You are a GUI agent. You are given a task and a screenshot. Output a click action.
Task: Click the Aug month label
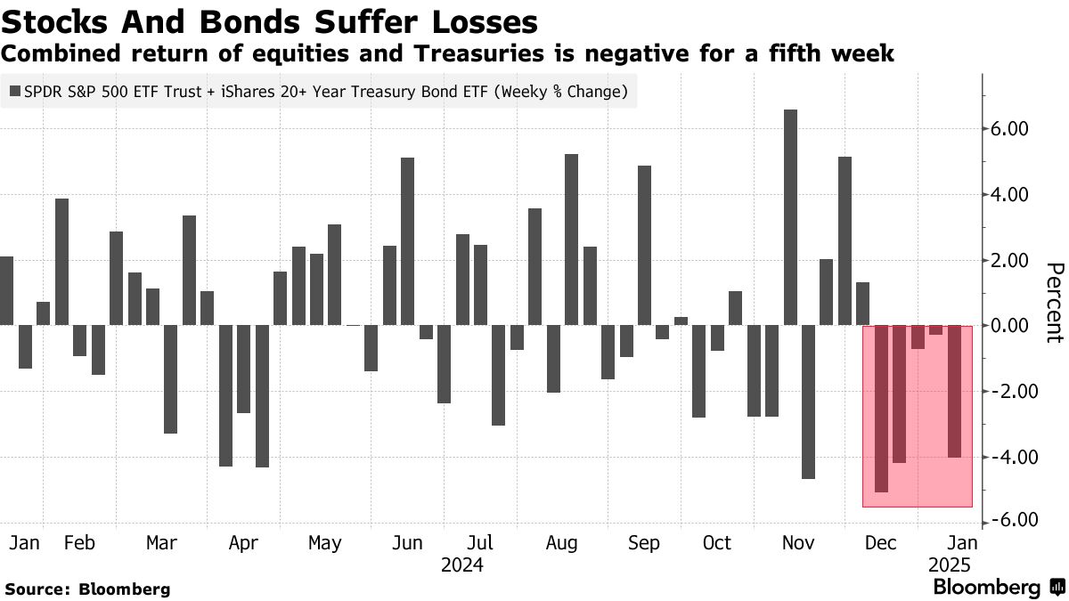561,542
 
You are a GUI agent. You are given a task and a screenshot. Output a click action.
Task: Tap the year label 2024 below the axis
461,565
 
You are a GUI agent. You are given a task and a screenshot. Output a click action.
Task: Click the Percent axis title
1055,303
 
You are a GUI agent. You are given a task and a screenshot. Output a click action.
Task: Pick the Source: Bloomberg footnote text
87,589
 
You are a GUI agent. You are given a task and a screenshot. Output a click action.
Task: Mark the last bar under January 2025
954,392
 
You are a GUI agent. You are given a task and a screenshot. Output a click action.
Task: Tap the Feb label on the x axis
80,542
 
